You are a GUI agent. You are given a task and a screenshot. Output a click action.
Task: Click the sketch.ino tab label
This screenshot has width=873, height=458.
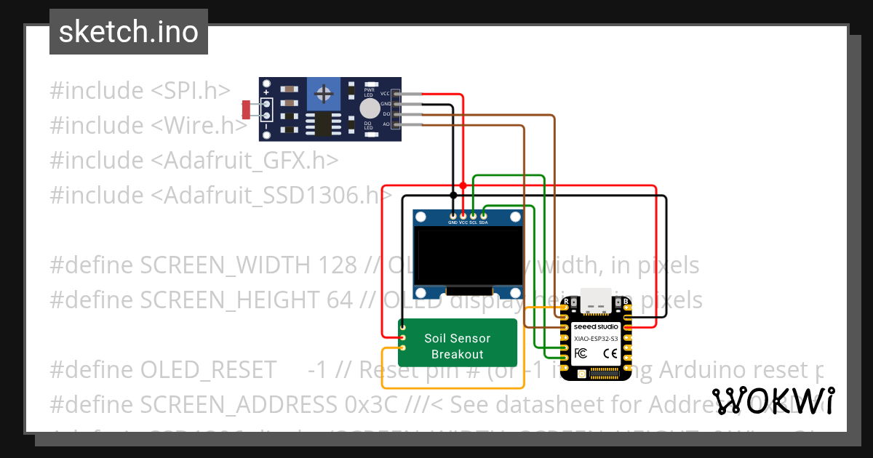pos(128,32)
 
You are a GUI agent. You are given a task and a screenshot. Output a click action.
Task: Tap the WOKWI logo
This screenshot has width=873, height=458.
pos(773,401)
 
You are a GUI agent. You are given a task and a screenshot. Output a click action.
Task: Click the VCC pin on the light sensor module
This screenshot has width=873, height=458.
pos(396,94)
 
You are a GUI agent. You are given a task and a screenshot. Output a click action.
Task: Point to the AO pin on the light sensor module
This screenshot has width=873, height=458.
pos(396,124)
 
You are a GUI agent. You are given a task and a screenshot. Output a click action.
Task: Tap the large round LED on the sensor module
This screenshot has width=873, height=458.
pos(370,109)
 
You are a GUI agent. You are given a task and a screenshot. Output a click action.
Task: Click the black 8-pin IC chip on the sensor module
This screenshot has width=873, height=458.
pos(320,124)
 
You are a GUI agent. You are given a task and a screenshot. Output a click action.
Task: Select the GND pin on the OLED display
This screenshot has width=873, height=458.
pos(453,216)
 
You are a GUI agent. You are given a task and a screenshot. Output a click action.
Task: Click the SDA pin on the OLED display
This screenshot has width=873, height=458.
pos(484,216)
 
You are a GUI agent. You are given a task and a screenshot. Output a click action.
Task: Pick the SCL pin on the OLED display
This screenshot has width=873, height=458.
pos(474,216)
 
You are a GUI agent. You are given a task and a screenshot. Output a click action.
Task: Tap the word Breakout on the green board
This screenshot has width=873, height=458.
pos(458,354)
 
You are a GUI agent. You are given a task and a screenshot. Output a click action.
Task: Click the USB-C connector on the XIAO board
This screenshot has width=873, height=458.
pos(596,305)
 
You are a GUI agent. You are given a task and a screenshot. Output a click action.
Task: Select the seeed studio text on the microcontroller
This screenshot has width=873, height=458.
pos(595,327)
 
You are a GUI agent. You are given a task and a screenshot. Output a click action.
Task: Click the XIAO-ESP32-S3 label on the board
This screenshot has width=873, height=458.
pos(595,338)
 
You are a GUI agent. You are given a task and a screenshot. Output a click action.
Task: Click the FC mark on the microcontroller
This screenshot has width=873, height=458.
pos(581,353)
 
